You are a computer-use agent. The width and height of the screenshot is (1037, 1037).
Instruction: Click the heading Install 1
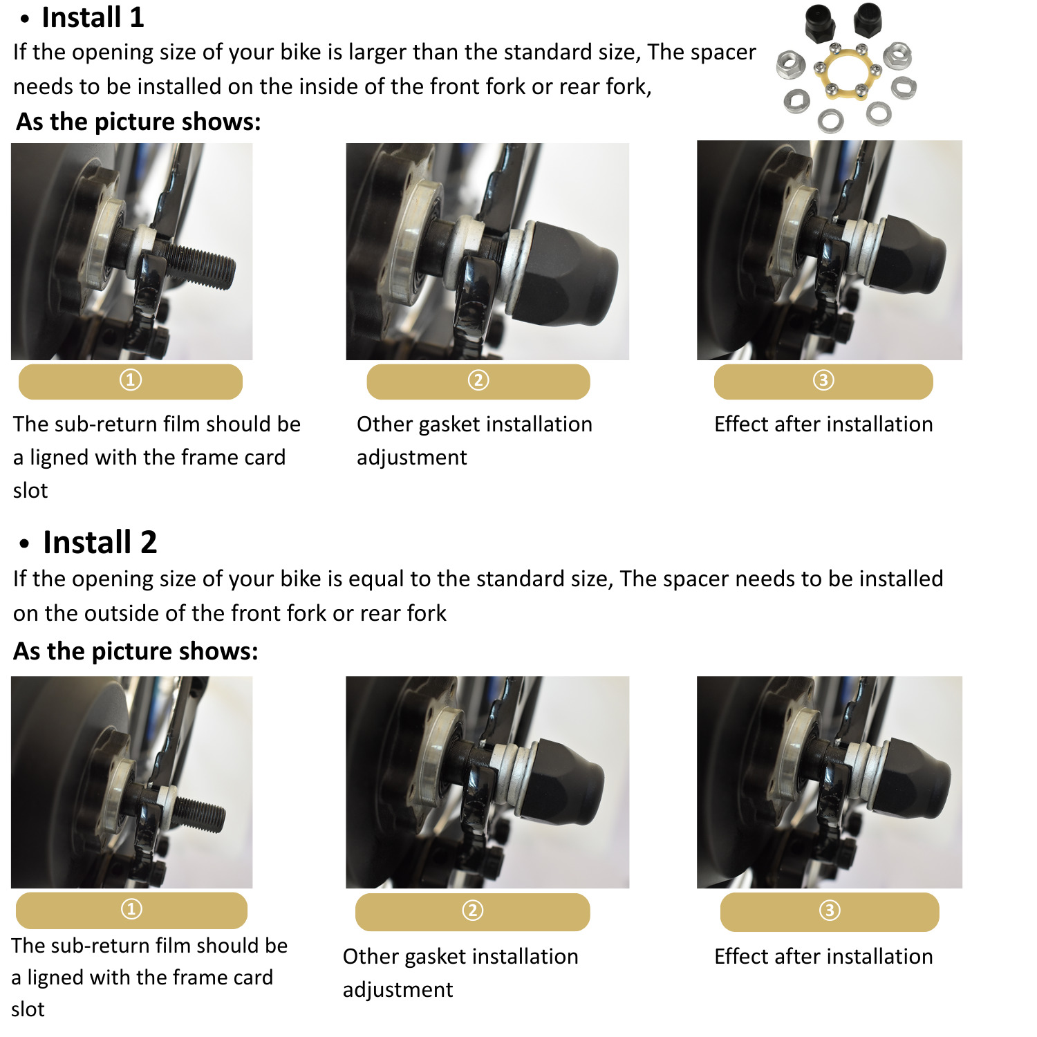tap(93, 17)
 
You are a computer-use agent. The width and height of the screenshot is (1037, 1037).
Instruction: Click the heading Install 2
tap(100, 542)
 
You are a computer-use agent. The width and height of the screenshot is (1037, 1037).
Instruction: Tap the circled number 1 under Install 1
tap(131, 380)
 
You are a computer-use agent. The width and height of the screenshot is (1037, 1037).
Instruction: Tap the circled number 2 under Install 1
tap(478, 380)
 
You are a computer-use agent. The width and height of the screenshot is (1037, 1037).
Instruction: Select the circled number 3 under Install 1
tap(823, 380)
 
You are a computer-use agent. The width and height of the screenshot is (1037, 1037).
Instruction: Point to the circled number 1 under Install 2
tap(131, 909)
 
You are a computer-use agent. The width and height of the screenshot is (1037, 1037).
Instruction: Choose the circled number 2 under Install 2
tap(473, 910)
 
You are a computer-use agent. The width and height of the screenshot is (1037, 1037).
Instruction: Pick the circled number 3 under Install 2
tap(830, 910)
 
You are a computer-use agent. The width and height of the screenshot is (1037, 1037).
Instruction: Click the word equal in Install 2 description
tap(376, 579)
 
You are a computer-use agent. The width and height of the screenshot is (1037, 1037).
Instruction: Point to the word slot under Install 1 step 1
tap(30, 490)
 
